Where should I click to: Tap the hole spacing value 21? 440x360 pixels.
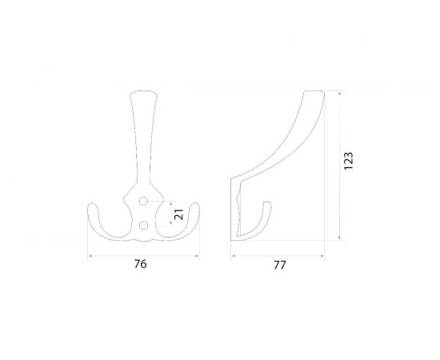click(179, 214)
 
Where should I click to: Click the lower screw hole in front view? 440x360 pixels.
click(144, 226)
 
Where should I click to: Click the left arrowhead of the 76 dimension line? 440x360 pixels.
click(90, 255)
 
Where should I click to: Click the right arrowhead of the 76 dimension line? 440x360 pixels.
click(198, 255)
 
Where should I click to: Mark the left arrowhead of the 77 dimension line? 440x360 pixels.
click(233, 255)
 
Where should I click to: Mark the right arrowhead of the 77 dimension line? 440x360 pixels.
click(324, 255)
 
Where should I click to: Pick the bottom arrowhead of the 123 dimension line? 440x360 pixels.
click(341, 239)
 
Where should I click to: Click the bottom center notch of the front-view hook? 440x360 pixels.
click(144, 238)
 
